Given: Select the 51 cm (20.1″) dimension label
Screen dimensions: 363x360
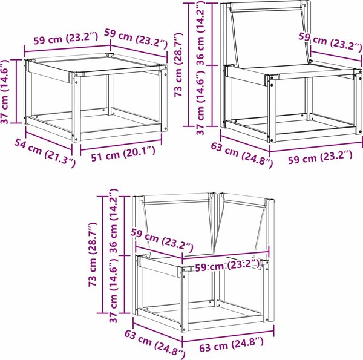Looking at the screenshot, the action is [123, 154].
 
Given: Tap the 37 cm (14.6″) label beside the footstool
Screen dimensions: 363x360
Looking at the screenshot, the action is [5, 92].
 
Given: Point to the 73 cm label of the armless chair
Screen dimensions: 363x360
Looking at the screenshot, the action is [178, 65].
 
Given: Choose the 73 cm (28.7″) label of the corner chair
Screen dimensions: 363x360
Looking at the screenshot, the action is [93, 255].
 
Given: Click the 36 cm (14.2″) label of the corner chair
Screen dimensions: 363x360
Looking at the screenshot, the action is [114, 221].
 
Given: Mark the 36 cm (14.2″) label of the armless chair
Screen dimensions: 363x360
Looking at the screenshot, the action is [200, 33].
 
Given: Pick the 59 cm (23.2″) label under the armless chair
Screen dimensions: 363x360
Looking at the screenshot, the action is [320, 157].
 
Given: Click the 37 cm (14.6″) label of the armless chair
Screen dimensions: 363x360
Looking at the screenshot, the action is [200, 102].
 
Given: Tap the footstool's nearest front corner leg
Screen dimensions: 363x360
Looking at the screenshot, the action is [77, 108].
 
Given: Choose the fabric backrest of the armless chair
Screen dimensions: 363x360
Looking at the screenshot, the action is [269, 37].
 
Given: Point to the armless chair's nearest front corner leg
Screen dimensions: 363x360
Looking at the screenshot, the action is [272, 109].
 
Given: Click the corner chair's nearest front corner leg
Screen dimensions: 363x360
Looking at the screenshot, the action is [185, 299].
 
